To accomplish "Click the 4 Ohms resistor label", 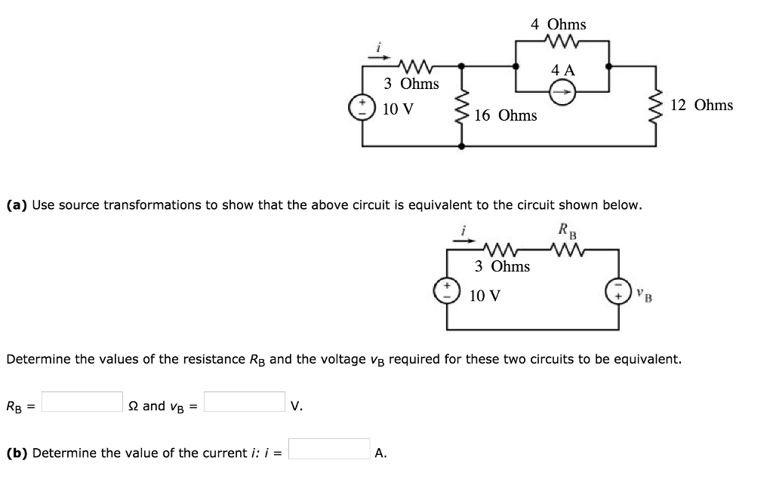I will click(x=558, y=24).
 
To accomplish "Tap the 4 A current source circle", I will click(x=562, y=92).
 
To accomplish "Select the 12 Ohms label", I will click(x=701, y=105).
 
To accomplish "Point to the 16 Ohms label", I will click(x=506, y=115).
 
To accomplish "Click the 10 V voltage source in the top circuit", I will click(x=362, y=107).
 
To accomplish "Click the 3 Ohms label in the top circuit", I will click(x=411, y=83).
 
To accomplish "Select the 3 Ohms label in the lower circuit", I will click(x=502, y=266).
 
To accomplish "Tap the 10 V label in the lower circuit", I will click(x=484, y=296).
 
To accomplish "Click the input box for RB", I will click(x=82, y=402).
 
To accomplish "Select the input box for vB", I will click(x=245, y=402).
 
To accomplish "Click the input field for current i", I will click(x=329, y=450).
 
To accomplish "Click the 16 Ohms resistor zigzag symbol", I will click(x=460, y=109).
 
